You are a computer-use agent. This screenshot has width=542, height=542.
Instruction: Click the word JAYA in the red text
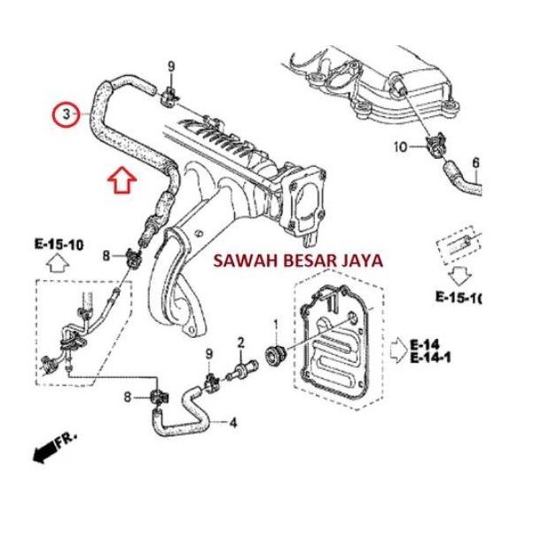pos(364,262)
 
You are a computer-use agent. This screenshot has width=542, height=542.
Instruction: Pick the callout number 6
pos(475,162)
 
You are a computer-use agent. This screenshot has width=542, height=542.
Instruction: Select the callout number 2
pos(240,342)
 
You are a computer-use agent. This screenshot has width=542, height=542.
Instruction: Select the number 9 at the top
pos(172,67)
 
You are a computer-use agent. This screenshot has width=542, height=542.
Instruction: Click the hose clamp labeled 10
pos(436,145)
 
